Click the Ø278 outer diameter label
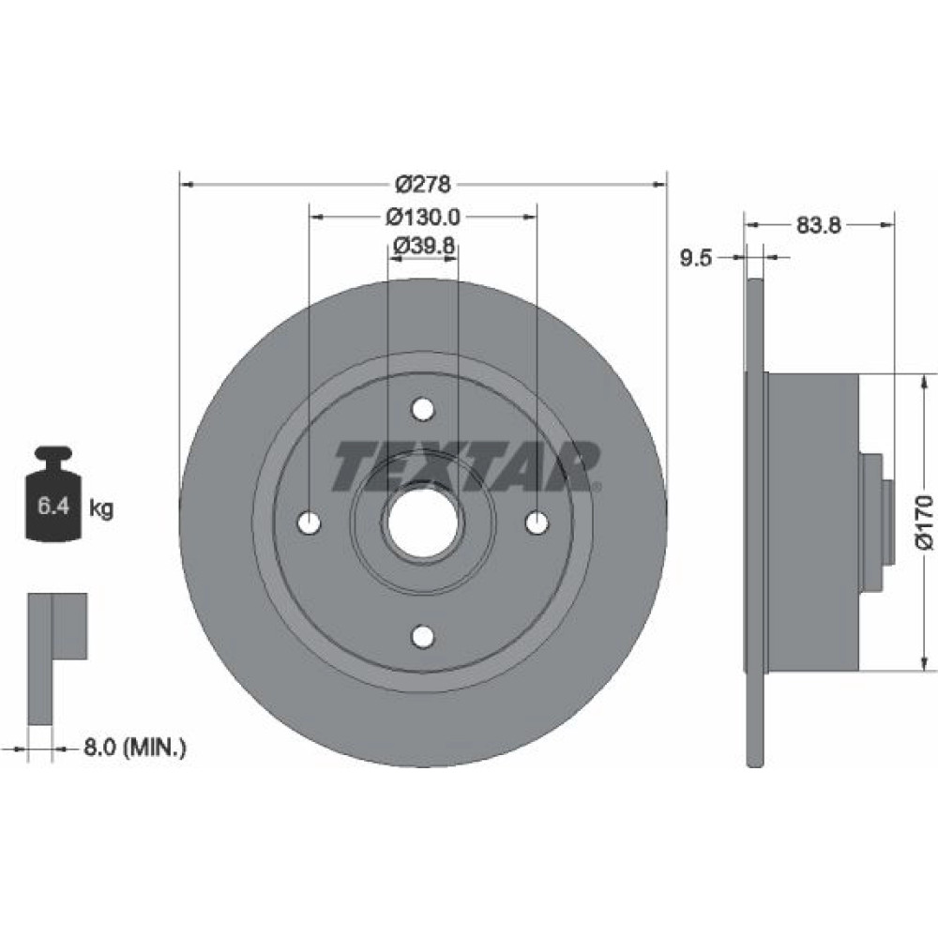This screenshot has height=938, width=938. click(423, 184)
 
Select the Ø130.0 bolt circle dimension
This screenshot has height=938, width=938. click(423, 217)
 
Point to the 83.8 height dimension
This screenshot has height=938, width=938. click(818, 225)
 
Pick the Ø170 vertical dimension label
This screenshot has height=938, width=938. click(925, 521)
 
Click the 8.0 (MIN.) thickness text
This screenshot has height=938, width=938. click(134, 748)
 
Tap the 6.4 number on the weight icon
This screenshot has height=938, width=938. click(53, 507)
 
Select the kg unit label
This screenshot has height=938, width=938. click(101, 508)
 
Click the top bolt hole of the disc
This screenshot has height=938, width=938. click(423, 410)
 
